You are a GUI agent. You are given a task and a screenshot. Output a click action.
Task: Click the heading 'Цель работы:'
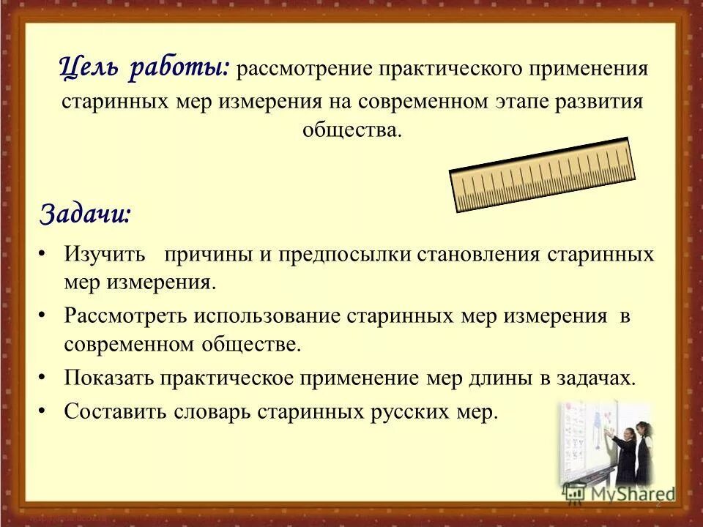[144, 68]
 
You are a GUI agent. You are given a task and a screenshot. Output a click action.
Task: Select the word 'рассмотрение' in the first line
[304, 70]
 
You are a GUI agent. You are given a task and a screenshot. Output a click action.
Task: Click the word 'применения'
[589, 70]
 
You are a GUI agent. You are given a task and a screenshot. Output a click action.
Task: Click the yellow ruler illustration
[542, 174]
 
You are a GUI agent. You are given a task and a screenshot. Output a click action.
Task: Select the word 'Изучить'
[106, 255]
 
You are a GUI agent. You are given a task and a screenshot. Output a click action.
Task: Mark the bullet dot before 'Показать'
[42, 375]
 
